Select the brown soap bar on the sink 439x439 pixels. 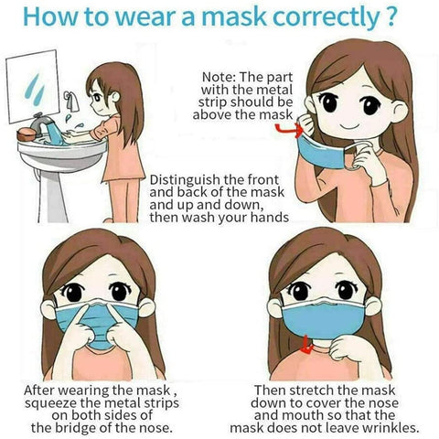tap(27, 134)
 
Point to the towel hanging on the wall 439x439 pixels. tap(71, 102)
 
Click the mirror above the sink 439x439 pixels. tap(32, 87)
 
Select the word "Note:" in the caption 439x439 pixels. tap(219, 77)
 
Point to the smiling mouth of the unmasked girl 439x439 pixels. tap(349, 127)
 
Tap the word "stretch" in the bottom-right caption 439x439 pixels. tap(312, 391)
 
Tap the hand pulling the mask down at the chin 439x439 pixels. tap(348, 348)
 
